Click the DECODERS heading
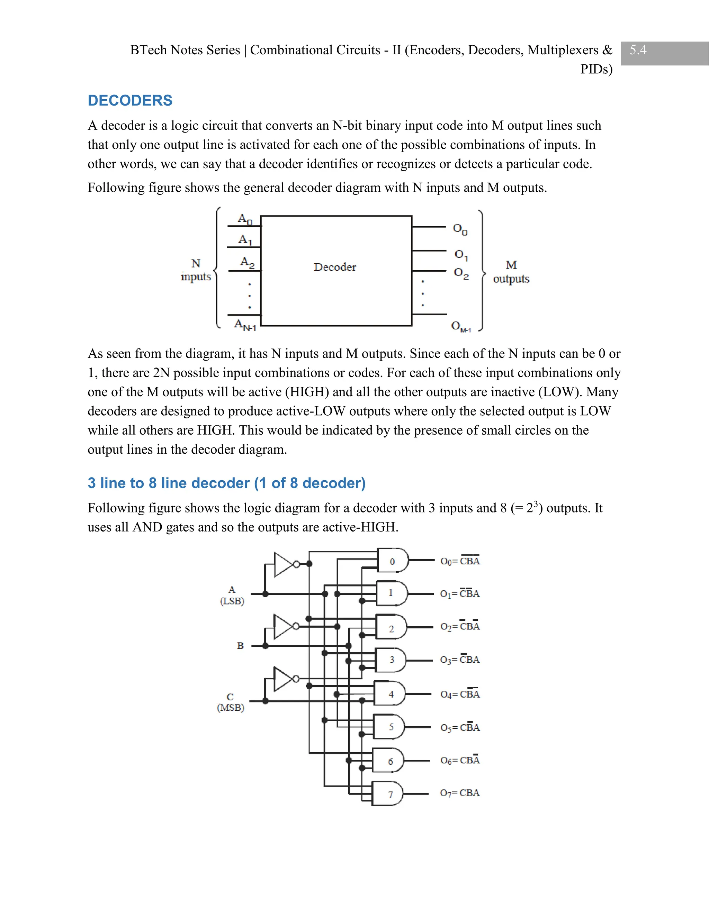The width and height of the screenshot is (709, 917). tap(130, 101)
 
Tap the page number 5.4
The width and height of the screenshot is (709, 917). tap(638, 51)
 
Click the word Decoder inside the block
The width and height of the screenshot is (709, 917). tap(335, 267)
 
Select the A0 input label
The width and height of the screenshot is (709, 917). tap(245, 219)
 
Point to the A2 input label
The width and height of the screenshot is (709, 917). tap(247, 262)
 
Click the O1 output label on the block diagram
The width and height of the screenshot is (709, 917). tap(461, 254)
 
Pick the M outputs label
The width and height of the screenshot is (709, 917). tap(511, 272)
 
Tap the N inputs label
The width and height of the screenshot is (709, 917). tap(196, 270)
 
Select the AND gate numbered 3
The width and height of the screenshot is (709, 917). tap(391, 660)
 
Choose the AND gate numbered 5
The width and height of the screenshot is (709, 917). tap(390, 727)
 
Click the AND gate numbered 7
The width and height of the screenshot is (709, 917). tap(388, 793)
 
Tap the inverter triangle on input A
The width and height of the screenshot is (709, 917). tap(283, 564)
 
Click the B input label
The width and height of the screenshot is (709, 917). tap(240, 646)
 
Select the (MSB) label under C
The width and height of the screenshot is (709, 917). tap(231, 708)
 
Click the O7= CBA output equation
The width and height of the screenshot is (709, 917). tap(459, 793)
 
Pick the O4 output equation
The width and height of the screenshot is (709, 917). tap(459, 694)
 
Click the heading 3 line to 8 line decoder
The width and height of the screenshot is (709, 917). tap(226, 483)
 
